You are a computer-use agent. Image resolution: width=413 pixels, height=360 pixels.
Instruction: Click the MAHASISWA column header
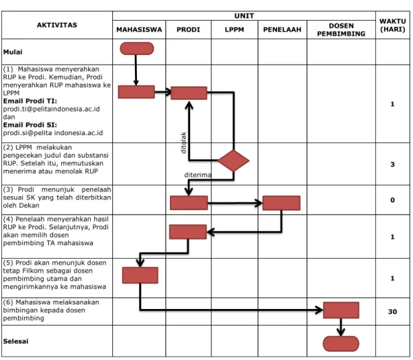[139, 30]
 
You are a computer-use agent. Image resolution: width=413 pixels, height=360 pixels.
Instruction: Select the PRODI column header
[188, 30]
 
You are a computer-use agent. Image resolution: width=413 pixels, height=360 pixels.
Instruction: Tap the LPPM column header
[234, 30]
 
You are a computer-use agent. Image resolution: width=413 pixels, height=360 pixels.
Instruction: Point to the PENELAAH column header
[282, 30]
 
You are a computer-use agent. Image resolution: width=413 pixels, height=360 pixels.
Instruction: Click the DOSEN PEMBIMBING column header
[341, 30]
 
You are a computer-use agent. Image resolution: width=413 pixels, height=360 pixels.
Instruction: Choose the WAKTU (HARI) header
[392, 25]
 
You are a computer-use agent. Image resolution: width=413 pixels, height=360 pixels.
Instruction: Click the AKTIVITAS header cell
[57, 25]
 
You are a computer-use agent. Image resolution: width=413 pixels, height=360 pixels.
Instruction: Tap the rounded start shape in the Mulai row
[137, 49]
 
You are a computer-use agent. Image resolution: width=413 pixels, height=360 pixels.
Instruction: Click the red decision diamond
[233, 160]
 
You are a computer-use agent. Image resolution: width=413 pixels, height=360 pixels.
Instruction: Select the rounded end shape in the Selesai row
[341, 343]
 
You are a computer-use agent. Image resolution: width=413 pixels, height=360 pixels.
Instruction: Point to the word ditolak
[184, 142]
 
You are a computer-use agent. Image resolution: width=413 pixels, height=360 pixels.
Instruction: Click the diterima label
[198, 175]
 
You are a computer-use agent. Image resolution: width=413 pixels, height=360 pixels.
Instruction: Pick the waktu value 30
[392, 312]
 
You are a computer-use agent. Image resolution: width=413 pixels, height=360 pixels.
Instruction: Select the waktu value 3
[392, 165]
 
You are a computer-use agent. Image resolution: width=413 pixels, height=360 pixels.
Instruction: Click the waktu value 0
[392, 200]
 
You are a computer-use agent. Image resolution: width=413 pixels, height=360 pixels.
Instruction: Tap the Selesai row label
[16, 341]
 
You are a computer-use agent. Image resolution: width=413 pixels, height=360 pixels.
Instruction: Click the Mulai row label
[12, 52]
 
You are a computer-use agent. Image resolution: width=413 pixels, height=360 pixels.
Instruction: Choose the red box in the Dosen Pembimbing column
[341, 310]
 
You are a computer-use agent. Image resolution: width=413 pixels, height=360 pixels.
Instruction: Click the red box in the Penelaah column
[282, 203]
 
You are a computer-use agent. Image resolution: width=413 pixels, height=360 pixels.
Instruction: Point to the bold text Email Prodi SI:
[30, 125]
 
